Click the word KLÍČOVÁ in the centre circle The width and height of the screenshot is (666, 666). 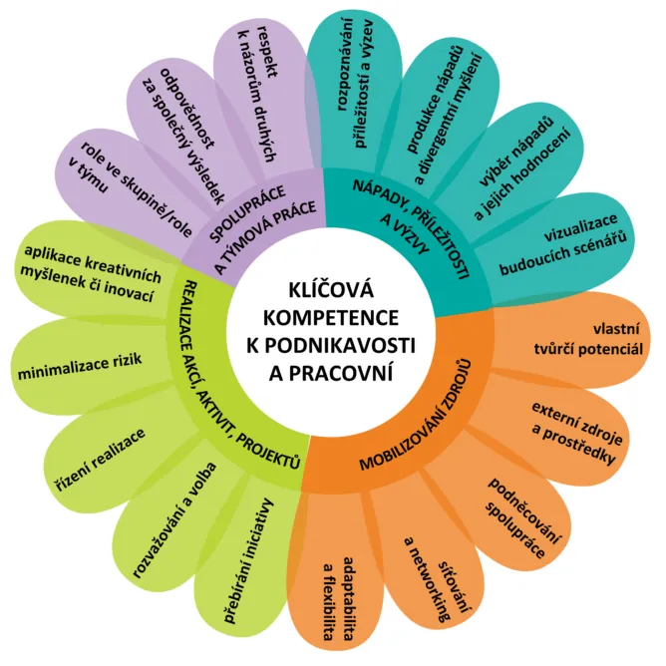pos(331,290)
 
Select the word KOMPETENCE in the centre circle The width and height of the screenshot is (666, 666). pos(331,318)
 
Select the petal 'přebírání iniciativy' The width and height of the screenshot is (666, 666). pos(246,565)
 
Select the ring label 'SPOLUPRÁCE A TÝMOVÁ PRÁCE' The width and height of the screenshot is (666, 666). pos(263,225)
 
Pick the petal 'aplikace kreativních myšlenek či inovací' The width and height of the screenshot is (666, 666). pos(92,272)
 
